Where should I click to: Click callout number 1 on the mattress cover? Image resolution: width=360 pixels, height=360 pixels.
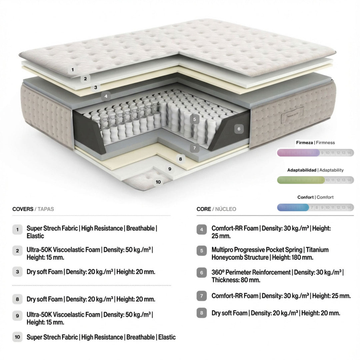point(73,70)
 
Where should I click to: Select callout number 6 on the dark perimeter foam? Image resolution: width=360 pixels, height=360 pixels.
point(239,129)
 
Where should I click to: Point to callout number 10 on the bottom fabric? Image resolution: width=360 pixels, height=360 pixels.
point(158,182)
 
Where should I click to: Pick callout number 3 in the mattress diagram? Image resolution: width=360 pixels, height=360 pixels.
point(95,88)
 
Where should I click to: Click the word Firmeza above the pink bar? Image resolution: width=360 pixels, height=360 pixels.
point(304,143)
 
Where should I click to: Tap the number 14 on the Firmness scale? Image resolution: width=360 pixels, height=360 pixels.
point(349,153)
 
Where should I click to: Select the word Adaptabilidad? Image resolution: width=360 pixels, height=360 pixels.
point(301,170)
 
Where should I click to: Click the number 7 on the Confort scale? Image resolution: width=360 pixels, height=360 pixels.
point(312,207)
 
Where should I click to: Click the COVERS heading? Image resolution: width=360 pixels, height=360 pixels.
point(23,209)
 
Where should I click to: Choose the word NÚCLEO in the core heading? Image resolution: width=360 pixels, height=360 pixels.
point(226,209)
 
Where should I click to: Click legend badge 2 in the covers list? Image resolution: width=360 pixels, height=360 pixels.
point(17,251)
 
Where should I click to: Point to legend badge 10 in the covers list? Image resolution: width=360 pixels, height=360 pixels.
point(17,337)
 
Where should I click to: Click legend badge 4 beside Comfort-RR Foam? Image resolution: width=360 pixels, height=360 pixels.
point(201,229)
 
